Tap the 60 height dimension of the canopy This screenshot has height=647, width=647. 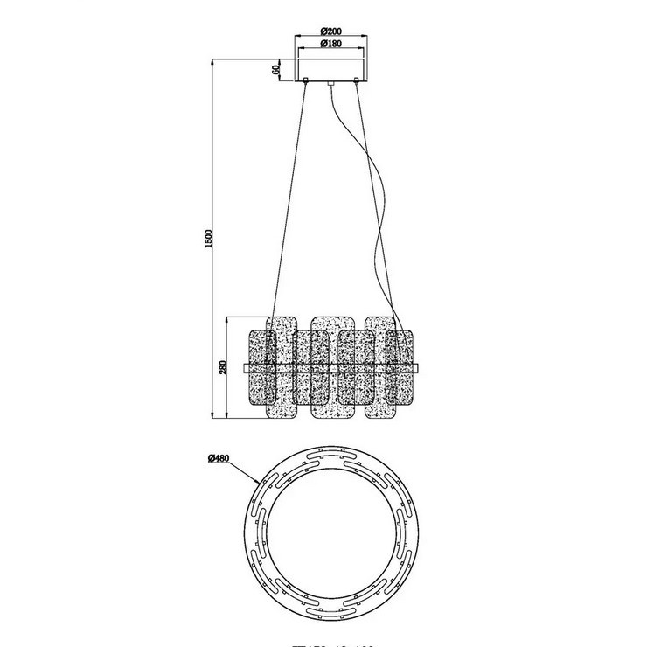point(275,68)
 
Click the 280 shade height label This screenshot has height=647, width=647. point(224,367)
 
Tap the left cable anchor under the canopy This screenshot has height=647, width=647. point(306,83)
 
